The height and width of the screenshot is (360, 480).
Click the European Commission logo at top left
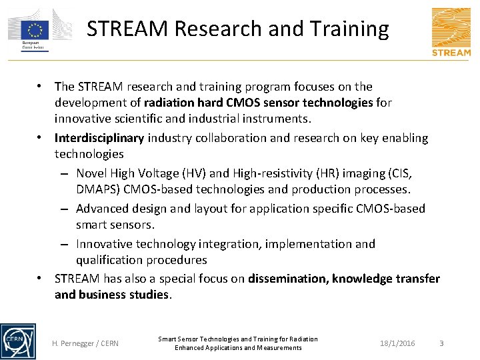pos(39,30)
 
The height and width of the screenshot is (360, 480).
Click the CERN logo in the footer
pos(18,341)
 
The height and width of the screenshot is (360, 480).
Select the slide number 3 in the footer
pos(441,343)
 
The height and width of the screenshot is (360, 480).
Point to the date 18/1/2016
pos(397,343)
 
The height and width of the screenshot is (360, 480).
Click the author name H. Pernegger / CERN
pos(85,343)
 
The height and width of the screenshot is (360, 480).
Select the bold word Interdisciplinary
pos(99,138)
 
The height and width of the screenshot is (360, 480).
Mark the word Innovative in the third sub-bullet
pos(105,244)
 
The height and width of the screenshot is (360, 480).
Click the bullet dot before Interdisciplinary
pos(41,138)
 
